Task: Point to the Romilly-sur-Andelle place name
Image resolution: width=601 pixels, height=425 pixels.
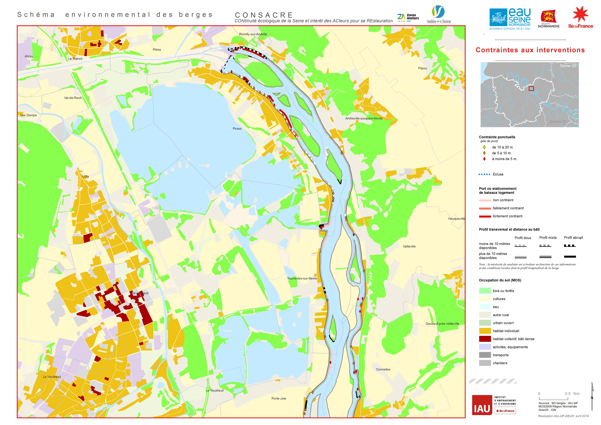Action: pos(253,34)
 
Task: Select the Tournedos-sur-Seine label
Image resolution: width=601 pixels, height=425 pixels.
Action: pos(302,278)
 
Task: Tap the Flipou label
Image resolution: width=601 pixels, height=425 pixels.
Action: pos(422,68)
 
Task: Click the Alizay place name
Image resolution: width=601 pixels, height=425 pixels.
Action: pos(29,56)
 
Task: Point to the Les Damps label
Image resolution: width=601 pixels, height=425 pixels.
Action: pos(29,115)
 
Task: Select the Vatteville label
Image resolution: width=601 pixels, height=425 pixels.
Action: pos(409,246)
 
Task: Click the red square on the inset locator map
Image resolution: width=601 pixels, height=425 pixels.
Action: pos(531,89)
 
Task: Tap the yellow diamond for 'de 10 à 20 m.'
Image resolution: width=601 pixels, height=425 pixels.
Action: pos(484,147)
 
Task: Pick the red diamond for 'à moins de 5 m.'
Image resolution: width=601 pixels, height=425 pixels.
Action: pos(484,159)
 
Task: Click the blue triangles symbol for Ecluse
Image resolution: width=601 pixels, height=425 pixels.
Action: pos(484,174)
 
